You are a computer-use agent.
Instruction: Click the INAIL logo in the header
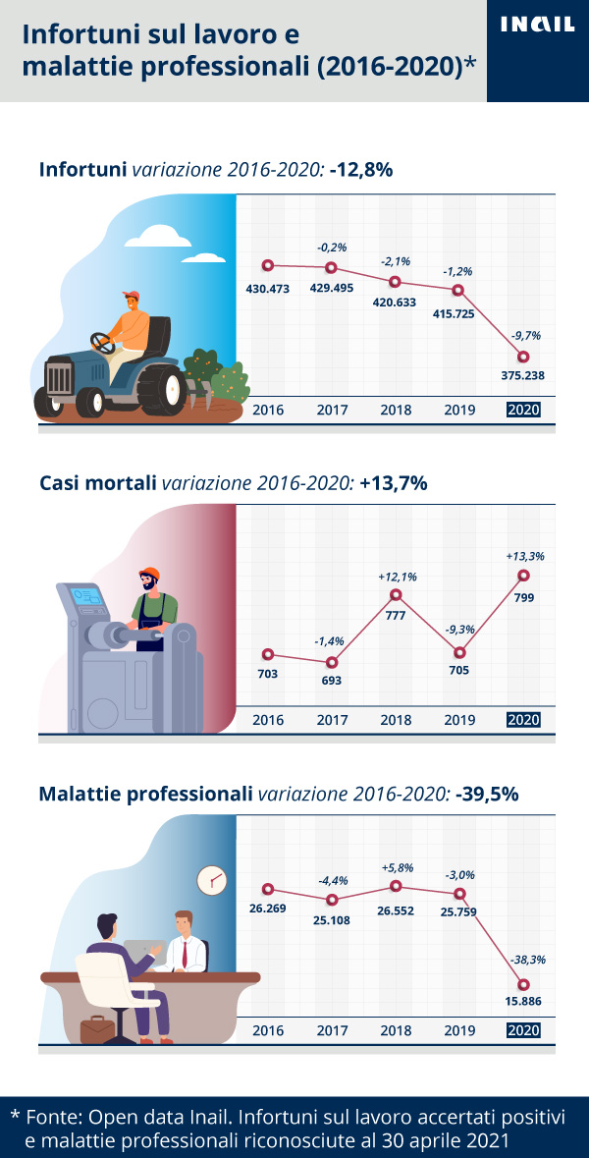tap(537, 25)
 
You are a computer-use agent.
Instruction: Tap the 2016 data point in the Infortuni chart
tap(268, 265)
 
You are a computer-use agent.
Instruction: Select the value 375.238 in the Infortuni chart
tap(522, 375)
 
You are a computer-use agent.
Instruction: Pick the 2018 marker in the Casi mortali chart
tap(396, 594)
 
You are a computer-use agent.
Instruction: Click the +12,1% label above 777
tap(397, 577)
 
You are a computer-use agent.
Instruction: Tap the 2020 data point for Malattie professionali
tap(523, 984)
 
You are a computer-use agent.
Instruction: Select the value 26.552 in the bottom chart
tap(395, 910)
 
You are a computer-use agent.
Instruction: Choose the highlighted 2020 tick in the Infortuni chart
tap(523, 410)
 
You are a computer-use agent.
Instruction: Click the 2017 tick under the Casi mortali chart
tap(332, 720)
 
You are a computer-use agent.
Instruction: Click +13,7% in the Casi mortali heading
tap(394, 483)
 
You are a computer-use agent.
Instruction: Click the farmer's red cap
tap(131, 295)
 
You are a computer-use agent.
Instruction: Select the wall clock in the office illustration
tap(211, 879)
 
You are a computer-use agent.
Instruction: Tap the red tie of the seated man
tap(184, 952)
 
